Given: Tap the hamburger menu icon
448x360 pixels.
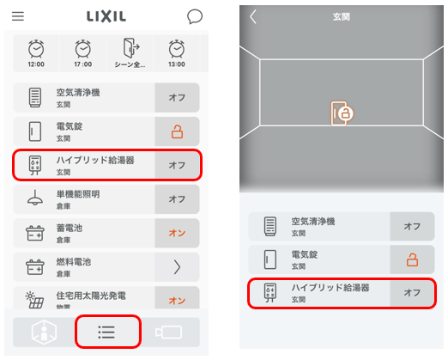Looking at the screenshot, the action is (x=18, y=16).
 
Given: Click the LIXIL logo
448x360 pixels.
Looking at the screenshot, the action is (x=106, y=16).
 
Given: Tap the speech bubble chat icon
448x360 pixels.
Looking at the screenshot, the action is (x=195, y=16).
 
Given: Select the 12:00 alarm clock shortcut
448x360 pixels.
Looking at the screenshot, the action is (x=36, y=53).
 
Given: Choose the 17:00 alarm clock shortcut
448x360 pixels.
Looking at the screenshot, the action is (x=83, y=53).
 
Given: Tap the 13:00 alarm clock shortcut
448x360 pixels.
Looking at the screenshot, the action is (x=177, y=53).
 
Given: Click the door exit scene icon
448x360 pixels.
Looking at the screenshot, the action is (x=130, y=48).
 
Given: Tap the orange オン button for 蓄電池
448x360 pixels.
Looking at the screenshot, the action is (x=177, y=233).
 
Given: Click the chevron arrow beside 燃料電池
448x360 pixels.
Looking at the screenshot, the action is (x=177, y=267).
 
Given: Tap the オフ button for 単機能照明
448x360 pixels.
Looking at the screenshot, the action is (x=177, y=199).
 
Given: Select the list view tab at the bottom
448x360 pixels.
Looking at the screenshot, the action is (x=108, y=332).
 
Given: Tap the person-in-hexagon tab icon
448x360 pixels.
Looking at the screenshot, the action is (x=44, y=332).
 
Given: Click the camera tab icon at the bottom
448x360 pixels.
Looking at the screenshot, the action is (x=168, y=333).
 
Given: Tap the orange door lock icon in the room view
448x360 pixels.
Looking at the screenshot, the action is (x=342, y=113).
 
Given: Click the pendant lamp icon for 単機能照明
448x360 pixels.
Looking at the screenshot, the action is (x=35, y=198).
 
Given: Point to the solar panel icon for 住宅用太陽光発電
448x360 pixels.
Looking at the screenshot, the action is (x=34, y=300).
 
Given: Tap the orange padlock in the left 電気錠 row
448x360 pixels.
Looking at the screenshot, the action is (x=177, y=131).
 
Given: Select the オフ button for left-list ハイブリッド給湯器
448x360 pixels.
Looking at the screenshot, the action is (x=177, y=165).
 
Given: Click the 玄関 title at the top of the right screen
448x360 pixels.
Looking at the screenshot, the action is (x=342, y=17).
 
